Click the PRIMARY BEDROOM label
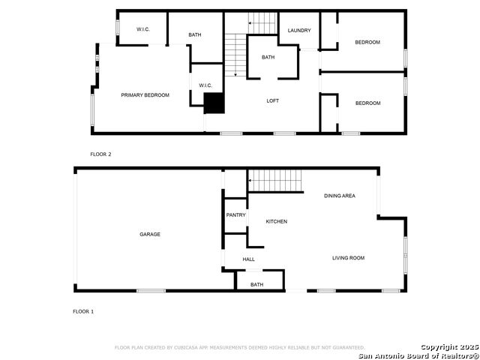[145, 95]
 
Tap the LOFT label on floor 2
[273, 100]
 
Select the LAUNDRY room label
[299, 30]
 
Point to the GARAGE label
[150, 234]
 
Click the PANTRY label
[236, 215]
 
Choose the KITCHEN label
[277, 221]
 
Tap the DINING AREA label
[340, 196]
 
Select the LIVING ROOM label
[349, 258]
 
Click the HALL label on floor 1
[249, 259]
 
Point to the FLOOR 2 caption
[100, 154]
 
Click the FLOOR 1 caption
[83, 311]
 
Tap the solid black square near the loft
[214, 103]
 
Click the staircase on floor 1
[274, 181]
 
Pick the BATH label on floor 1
[257, 284]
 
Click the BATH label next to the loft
[268, 58]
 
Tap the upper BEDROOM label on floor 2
[367, 42]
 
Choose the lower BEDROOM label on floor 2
[367, 103]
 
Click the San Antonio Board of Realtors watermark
[418, 354]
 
